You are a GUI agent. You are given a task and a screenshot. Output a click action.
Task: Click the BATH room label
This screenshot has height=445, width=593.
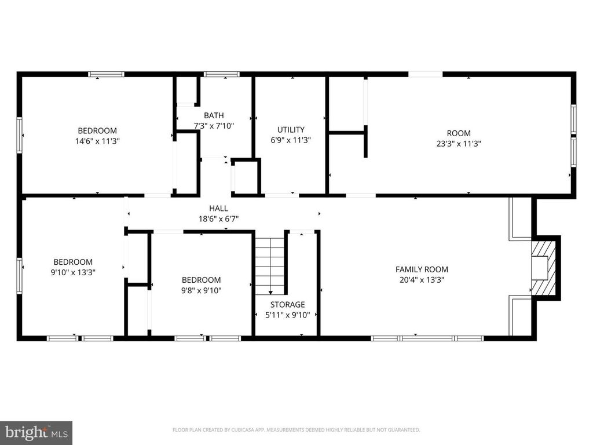(214, 115)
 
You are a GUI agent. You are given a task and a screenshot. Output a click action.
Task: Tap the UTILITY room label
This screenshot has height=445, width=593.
(291, 130)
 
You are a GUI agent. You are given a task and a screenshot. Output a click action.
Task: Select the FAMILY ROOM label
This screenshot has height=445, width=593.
(422, 269)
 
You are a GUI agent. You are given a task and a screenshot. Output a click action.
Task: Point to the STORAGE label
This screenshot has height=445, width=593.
(287, 305)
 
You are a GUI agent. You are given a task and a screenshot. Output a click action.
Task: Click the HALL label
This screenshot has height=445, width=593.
(218, 208)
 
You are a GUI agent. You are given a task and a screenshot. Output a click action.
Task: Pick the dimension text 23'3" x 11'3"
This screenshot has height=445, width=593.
(459, 144)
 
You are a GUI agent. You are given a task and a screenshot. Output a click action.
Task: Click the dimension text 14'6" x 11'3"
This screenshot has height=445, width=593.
(97, 141)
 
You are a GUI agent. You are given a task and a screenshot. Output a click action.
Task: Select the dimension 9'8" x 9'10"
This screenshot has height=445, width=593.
(201, 291)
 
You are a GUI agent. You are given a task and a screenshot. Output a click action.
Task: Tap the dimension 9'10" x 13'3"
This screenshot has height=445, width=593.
(73, 272)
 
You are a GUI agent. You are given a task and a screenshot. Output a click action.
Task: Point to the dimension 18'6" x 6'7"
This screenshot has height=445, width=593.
(218, 218)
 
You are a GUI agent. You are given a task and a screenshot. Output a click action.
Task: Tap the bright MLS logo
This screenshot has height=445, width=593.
(36, 432)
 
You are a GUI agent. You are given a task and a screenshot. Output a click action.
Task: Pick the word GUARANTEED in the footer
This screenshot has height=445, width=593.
(406, 430)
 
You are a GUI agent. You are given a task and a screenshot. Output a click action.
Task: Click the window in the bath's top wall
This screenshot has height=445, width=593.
(222, 74)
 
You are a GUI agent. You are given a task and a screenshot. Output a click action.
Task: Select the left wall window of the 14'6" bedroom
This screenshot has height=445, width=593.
(19, 135)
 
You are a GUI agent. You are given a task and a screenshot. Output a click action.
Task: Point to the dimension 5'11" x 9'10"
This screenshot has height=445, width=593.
(287, 315)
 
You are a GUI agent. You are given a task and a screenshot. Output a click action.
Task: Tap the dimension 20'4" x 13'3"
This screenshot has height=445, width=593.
(422, 280)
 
